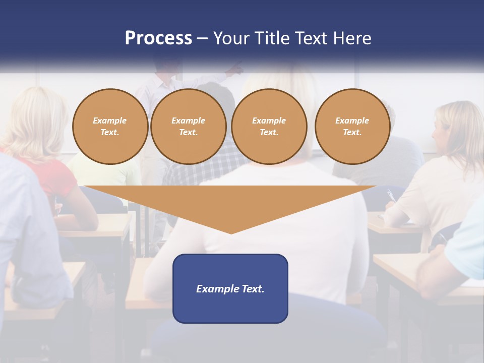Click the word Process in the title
[158, 38]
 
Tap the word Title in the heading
[270, 38]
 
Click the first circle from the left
[110, 127]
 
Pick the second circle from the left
[188, 127]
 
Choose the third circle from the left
[269, 127]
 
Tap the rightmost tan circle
[352, 127]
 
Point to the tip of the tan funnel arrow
[231, 232]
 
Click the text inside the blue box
[230, 289]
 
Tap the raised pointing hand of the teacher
[236, 69]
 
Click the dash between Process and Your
[202, 38]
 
